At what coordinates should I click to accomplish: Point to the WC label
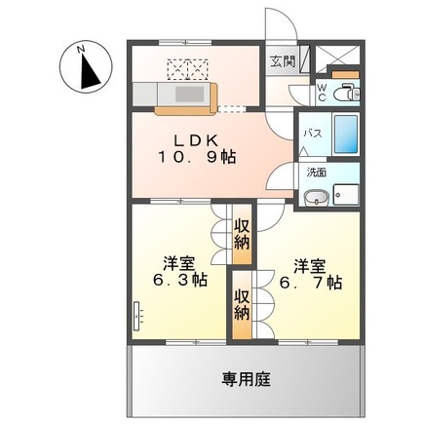322,95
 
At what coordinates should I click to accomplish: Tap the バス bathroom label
313,133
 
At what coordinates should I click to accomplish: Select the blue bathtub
346,133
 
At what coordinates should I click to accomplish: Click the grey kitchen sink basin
185,95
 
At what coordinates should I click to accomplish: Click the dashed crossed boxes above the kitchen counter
189,67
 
